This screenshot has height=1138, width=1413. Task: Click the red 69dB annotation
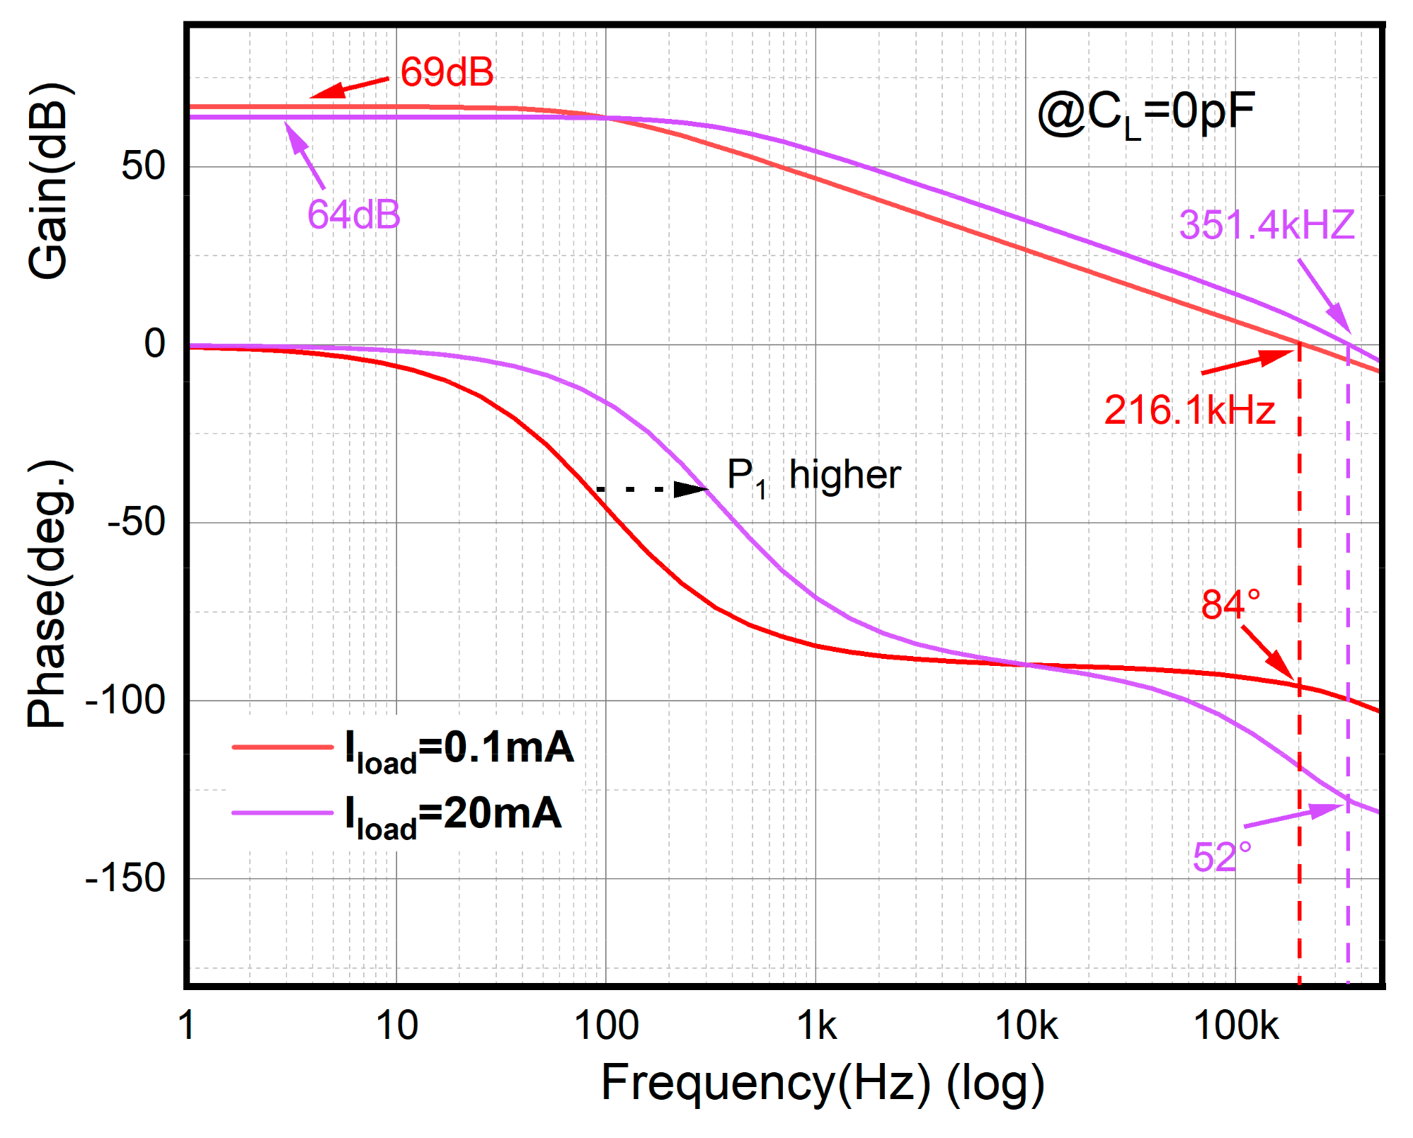pos(447,72)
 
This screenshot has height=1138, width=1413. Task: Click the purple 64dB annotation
pos(353,214)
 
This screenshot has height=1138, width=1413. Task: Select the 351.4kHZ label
pos(1266,225)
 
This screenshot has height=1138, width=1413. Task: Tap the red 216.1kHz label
pos(1189,410)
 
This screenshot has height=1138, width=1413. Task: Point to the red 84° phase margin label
pos(1230,604)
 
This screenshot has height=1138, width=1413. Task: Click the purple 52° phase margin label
pos(1222,857)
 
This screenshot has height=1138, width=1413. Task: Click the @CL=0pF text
pos(1145,113)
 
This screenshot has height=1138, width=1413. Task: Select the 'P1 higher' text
pos(813,476)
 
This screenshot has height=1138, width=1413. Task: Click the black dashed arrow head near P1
pos(690,489)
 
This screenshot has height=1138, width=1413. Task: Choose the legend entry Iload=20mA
pos(453,815)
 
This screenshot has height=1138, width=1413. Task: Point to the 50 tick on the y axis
pos(143,167)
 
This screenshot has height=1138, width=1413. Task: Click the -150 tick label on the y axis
pos(125,878)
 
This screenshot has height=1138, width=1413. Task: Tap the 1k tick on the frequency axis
pos(816,1025)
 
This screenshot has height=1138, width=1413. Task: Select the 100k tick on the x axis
pos(1236,1025)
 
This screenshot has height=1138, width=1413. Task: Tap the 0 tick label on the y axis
pos(154,345)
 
